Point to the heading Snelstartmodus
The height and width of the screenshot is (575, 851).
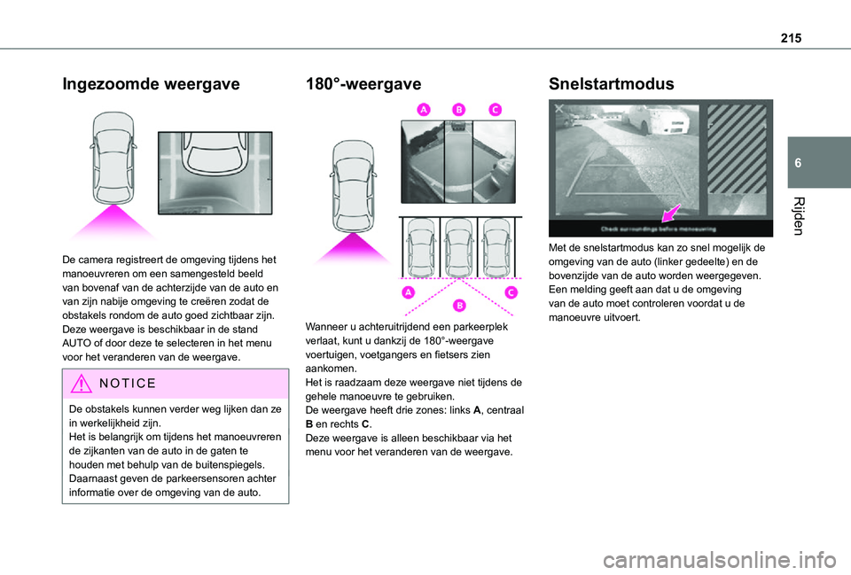(612, 85)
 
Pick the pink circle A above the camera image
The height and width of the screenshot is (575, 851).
(423, 109)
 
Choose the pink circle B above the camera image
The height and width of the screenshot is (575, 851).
(458, 109)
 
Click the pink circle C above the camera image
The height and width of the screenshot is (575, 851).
(494, 109)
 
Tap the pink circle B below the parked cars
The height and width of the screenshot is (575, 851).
(458, 306)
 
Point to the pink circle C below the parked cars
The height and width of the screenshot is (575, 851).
(511, 293)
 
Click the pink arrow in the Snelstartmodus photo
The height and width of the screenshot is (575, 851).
(671, 213)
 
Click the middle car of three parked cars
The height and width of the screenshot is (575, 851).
(458, 245)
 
